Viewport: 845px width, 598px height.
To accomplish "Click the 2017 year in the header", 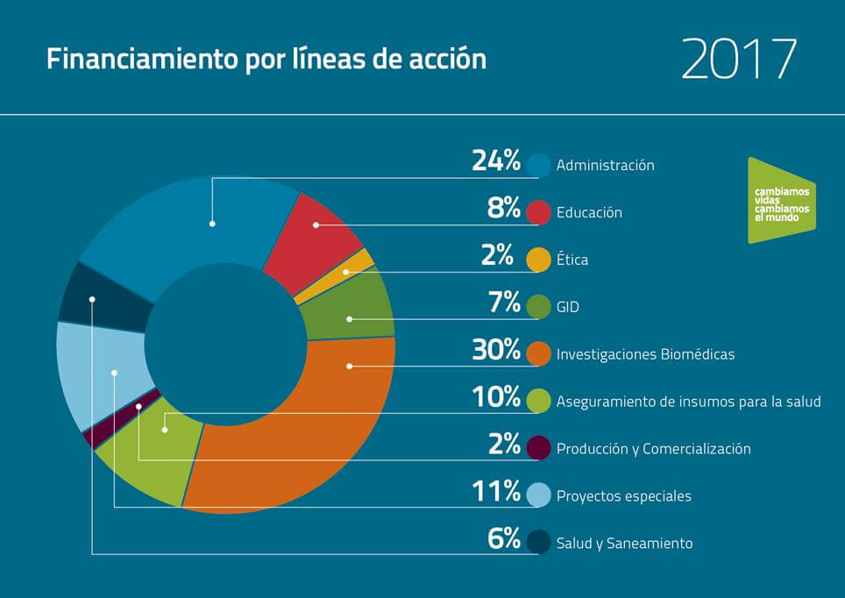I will [x=739, y=60].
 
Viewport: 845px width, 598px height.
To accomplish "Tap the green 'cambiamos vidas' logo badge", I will [x=780, y=200].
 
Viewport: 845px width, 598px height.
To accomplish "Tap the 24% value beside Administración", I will [x=496, y=161].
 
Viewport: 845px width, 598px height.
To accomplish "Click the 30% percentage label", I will [x=496, y=351].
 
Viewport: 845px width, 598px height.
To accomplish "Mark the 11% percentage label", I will [x=496, y=492].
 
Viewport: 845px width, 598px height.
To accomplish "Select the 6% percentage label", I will [x=505, y=539].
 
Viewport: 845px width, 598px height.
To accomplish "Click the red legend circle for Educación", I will [x=538, y=212].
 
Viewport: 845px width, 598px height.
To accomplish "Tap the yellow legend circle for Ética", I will [x=538, y=260].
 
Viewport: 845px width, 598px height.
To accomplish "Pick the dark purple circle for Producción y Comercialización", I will [x=538, y=448].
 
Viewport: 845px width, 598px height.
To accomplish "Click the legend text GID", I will [x=567, y=308].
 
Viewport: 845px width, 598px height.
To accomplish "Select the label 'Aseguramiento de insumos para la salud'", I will [x=688, y=402].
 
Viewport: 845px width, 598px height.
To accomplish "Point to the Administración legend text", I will [x=605, y=165].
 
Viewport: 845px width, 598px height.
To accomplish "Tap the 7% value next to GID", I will [x=505, y=303].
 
